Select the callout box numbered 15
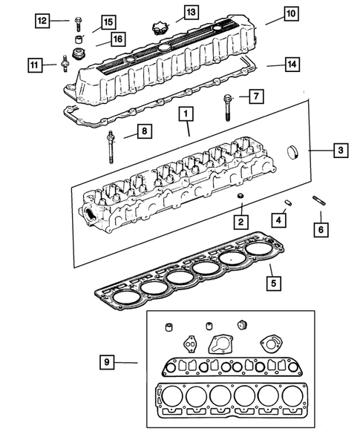[x=108, y=22]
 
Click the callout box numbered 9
[x=108, y=362]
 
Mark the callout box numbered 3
[x=338, y=151]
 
